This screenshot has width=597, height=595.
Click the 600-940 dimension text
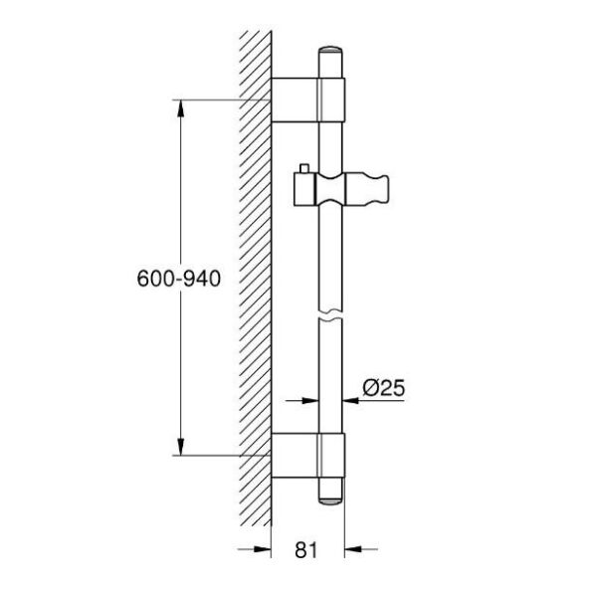[177, 280]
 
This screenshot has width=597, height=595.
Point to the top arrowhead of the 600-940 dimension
[180, 106]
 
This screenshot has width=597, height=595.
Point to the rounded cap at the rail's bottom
[330, 496]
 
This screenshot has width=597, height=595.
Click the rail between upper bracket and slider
[330, 144]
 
